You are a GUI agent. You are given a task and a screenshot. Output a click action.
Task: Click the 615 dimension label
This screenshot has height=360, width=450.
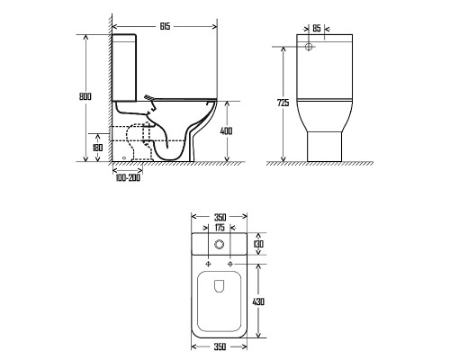[165, 26]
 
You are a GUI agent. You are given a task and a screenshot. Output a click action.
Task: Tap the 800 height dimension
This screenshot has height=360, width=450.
[85, 96]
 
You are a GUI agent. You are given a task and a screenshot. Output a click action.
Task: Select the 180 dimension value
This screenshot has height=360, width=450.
[97, 148]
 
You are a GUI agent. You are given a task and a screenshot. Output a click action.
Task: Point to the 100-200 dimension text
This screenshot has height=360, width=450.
[128, 178]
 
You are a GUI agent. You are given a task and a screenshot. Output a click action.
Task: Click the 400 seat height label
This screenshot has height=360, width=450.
[226, 131]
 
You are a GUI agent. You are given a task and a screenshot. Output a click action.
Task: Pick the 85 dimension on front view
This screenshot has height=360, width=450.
[317, 29]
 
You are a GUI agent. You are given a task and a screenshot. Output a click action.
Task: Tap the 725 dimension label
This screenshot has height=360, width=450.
[283, 103]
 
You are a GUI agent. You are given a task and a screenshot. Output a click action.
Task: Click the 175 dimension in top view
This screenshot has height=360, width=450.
[220, 228]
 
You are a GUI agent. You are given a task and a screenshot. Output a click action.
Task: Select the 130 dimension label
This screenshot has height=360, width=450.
[258, 244]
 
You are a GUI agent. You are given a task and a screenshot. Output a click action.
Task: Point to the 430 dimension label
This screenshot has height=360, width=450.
[258, 301]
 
